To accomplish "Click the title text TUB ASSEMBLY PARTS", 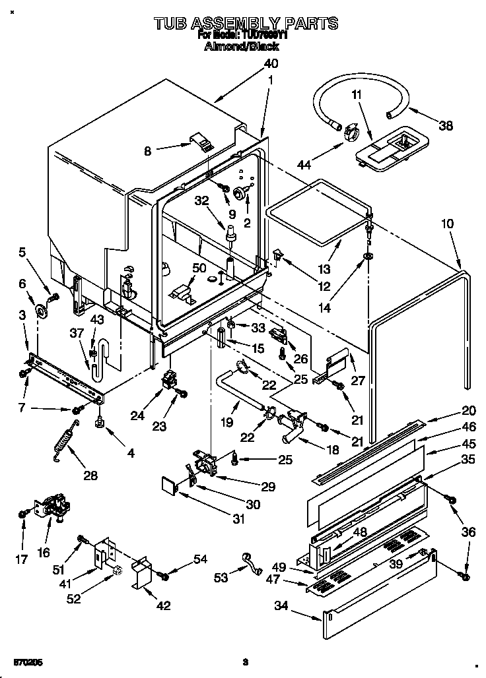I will [x=246, y=24].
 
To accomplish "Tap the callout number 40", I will [x=271, y=64].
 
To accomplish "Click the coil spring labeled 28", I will [x=65, y=439].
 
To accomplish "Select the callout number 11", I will [x=357, y=95].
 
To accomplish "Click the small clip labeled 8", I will [x=198, y=140].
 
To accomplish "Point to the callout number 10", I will [x=447, y=224].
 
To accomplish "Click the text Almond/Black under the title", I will [x=242, y=47].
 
